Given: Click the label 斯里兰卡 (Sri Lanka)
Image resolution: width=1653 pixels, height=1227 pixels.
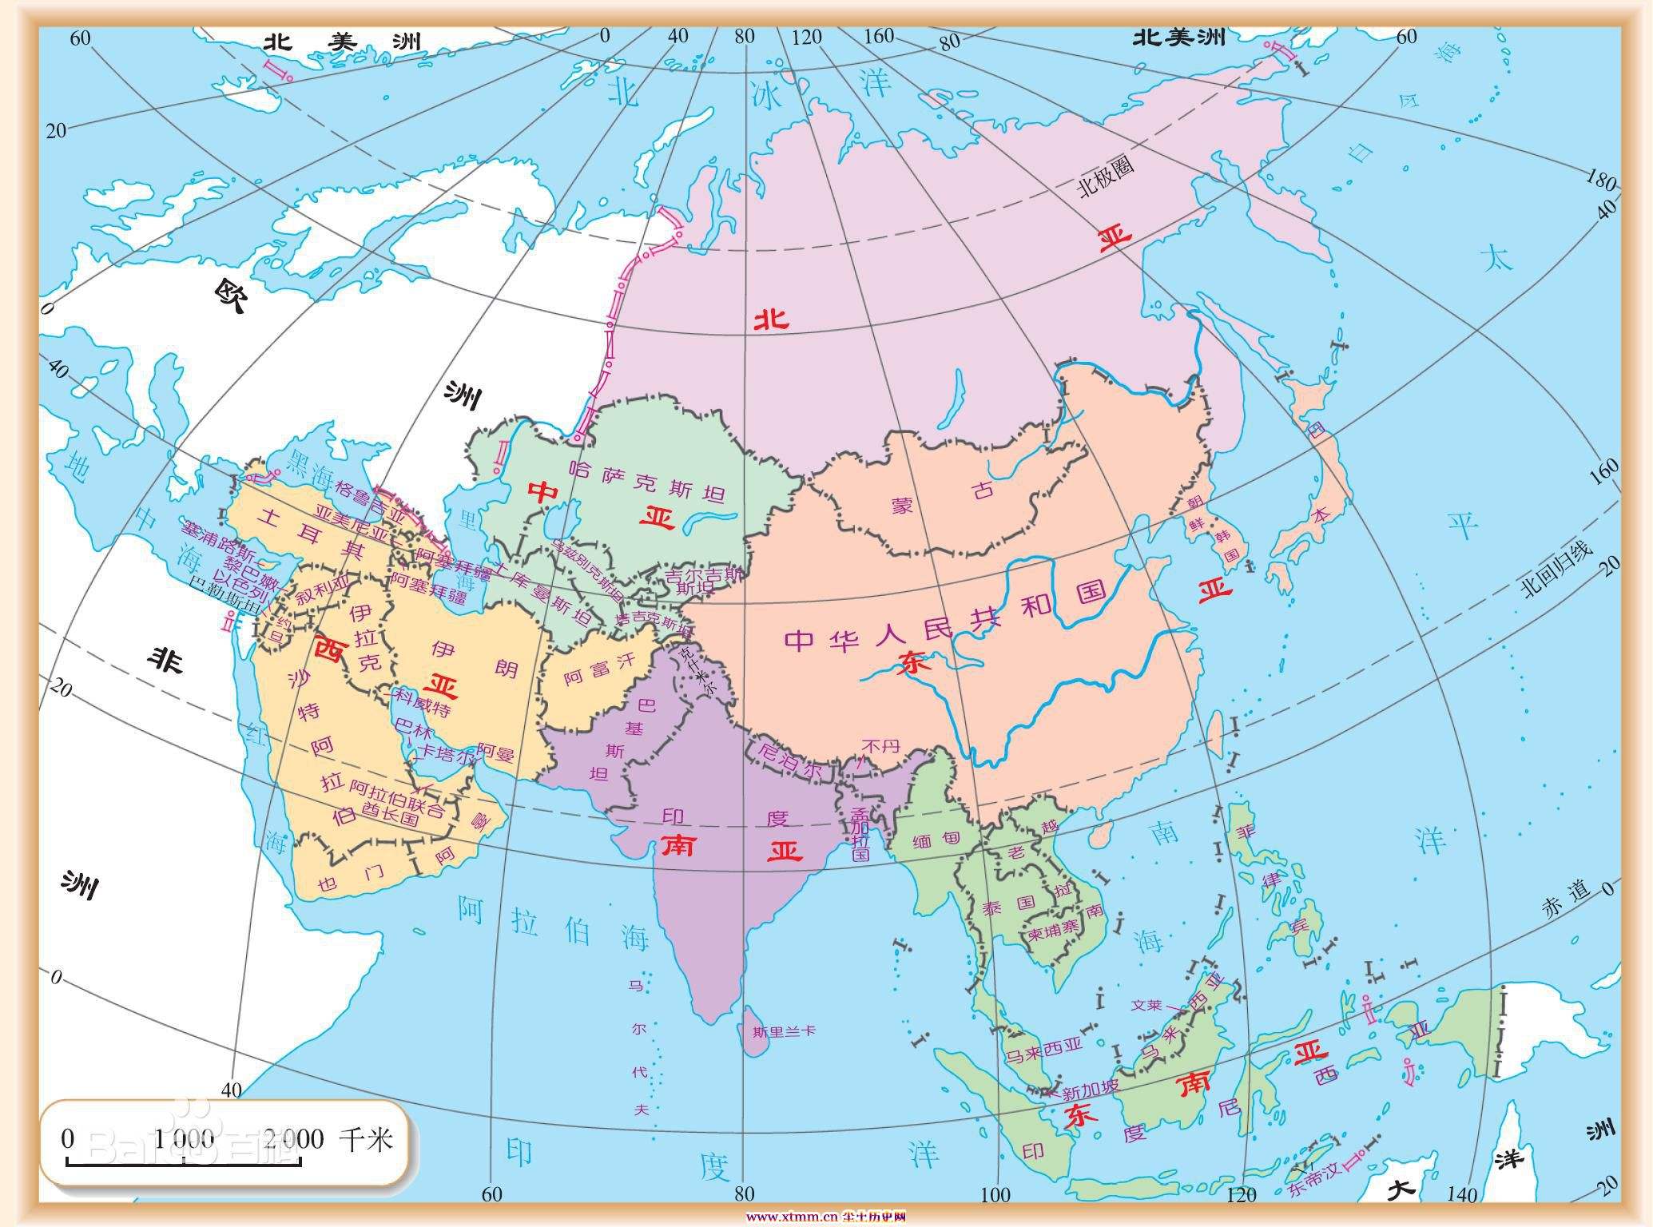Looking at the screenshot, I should tap(784, 1030).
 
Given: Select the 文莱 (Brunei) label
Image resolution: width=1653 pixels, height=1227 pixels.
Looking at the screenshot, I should tap(1146, 1005).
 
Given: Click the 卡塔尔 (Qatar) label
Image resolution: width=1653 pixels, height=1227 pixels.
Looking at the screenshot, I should tap(447, 754).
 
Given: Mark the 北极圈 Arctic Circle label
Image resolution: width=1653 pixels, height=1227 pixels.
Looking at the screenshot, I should tap(1106, 178).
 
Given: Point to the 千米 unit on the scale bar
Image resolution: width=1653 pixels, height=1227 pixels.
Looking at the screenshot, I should tap(366, 1138).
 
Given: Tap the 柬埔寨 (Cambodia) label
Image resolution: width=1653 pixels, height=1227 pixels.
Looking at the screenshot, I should tap(1053, 931).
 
